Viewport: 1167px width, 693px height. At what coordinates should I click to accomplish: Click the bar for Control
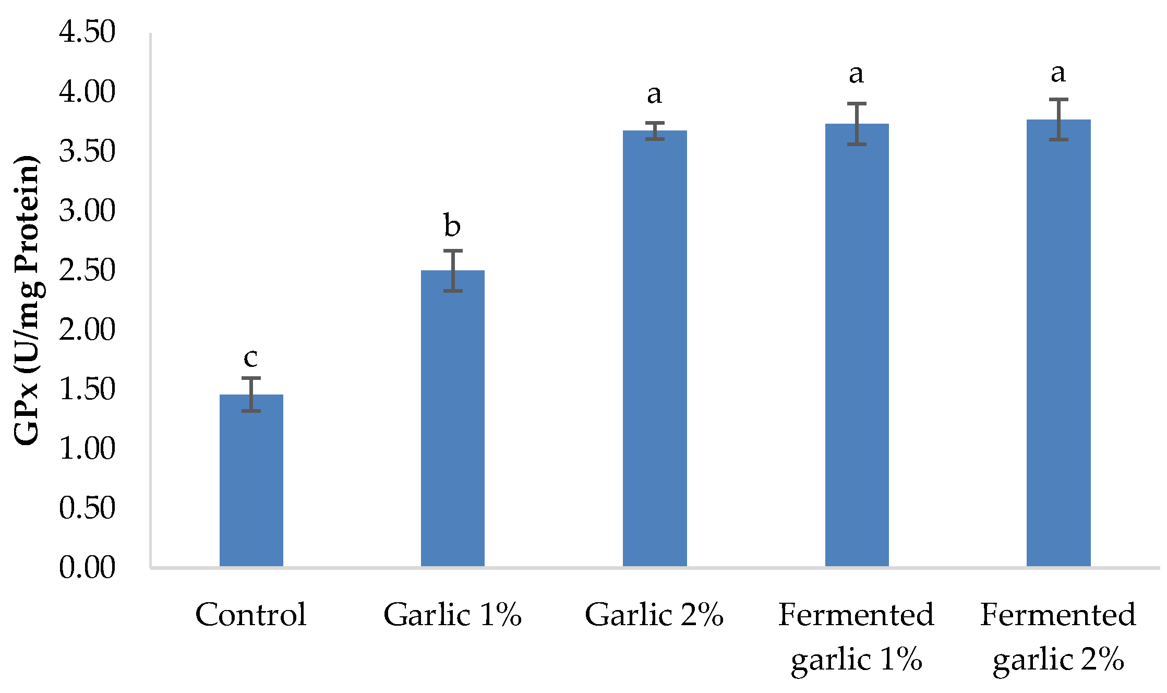pyautogui.click(x=251, y=480)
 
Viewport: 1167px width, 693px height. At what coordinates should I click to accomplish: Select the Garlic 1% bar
pyautogui.click(x=452, y=417)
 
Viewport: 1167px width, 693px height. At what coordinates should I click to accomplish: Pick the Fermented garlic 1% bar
pyautogui.click(x=857, y=344)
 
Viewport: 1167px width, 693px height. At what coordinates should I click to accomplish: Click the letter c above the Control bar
pyautogui.click(x=250, y=357)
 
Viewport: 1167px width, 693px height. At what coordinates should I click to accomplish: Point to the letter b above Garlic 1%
pyautogui.click(x=452, y=225)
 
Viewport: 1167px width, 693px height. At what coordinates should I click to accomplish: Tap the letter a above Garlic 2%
pyautogui.click(x=654, y=94)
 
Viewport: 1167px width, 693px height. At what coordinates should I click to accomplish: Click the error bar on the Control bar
pyautogui.click(x=251, y=394)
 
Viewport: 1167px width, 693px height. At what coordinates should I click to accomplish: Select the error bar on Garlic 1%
pyautogui.click(x=453, y=270)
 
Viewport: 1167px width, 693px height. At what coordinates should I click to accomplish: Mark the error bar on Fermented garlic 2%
pyautogui.click(x=1058, y=120)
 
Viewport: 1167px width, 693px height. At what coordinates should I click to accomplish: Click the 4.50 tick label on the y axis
pyautogui.click(x=87, y=32)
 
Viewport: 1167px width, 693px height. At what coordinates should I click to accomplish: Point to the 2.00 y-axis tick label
pyautogui.click(x=87, y=330)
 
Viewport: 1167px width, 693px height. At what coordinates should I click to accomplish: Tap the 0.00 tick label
pyautogui.click(x=87, y=568)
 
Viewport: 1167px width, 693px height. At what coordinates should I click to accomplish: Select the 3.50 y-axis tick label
pyautogui.click(x=87, y=151)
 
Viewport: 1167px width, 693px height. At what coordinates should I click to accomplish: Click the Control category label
pyautogui.click(x=251, y=615)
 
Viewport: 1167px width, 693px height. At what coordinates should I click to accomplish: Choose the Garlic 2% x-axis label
pyautogui.click(x=654, y=615)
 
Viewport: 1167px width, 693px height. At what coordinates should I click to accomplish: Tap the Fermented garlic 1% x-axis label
pyautogui.click(x=856, y=637)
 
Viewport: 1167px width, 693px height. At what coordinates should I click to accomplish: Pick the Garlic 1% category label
pyautogui.click(x=452, y=615)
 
